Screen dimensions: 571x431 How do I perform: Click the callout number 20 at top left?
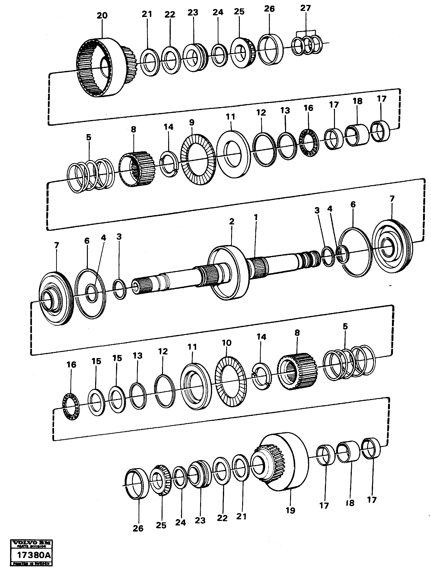(x=102, y=16)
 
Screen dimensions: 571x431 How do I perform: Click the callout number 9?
(x=191, y=122)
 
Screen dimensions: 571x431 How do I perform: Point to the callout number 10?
(x=226, y=343)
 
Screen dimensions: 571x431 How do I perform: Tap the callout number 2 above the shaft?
(x=232, y=221)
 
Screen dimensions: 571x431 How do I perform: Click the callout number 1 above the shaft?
(x=256, y=218)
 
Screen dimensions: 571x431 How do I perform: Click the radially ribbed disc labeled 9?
(x=198, y=159)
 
